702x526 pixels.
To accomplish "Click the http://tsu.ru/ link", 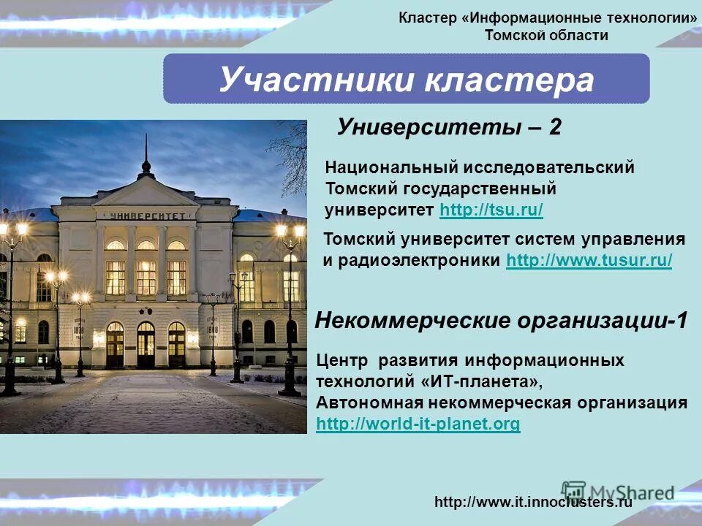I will pos(491,211).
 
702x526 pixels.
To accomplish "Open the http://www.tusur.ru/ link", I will pos(589,261).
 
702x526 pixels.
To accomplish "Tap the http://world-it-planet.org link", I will pos(418,424).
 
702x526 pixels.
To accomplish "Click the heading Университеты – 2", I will pos(449,126).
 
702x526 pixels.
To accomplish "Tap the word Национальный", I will pos(385,167).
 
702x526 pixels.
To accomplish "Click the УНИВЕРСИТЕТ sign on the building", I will pos(146,215).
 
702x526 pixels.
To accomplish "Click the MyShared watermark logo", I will pos(619,491).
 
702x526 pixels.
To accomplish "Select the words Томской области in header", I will pos(546,35).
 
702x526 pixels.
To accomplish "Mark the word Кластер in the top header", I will pos(427,18).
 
